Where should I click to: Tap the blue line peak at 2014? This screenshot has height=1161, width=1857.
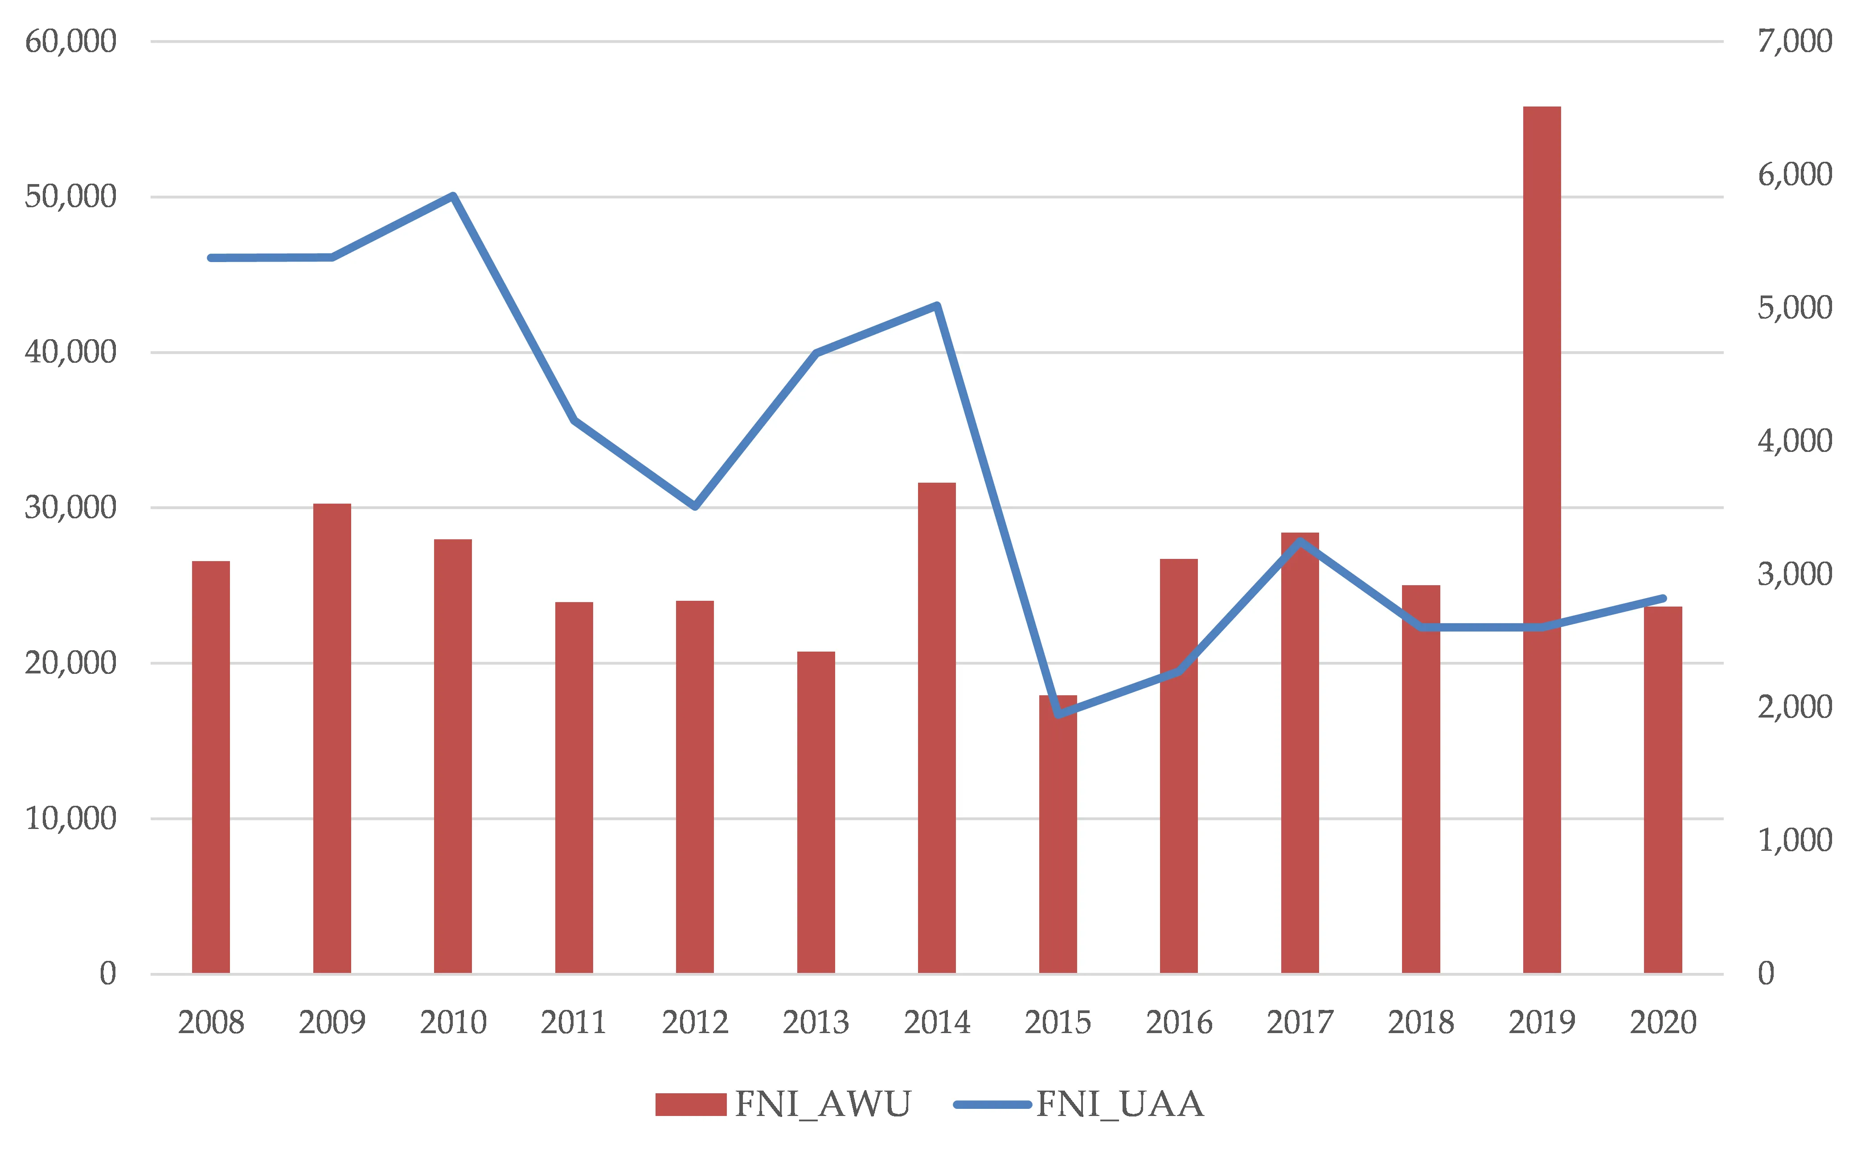[937, 306]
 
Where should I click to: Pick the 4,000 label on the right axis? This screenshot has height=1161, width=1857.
[1795, 441]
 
